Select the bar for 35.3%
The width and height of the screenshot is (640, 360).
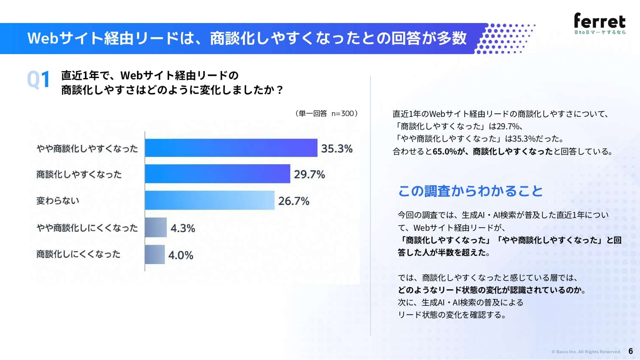tap(231, 148)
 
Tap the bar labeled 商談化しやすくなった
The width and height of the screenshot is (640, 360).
tap(218, 174)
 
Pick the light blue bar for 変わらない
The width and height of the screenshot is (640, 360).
tap(210, 200)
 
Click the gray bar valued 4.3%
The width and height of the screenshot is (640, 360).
tap(156, 227)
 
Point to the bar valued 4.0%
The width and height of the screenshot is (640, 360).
tap(155, 254)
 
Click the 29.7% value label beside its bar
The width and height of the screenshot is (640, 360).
tap(309, 174)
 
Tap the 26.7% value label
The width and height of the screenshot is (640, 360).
tap(294, 201)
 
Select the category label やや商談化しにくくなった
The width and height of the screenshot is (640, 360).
tap(87, 228)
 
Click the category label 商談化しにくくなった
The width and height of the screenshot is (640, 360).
tap(79, 254)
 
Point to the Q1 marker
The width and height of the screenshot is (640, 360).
tap(38, 79)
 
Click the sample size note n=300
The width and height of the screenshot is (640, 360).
tap(343, 113)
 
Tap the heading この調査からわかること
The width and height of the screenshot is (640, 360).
tap(470, 191)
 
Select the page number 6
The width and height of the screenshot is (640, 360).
tap(631, 351)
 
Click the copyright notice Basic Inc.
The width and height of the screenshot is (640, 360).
tap(586, 352)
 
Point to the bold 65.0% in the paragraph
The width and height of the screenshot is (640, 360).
tap(445, 151)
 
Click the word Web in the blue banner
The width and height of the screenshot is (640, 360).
tap(43, 38)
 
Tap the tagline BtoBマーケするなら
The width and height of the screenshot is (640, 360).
tap(600, 32)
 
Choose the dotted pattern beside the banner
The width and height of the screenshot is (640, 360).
tap(505, 38)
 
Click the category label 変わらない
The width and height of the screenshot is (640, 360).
tap(58, 200)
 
